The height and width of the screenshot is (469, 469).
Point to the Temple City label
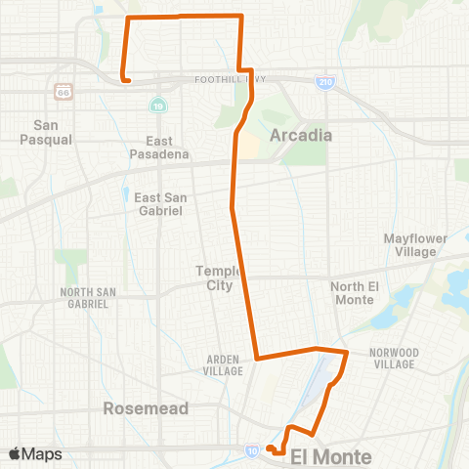214,277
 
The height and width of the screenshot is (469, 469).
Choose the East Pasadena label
158,148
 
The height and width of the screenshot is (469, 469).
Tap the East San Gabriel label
158,203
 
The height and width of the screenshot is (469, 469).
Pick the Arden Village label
223,365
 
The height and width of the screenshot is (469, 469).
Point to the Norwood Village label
395,358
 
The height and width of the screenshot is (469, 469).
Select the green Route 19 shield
157,105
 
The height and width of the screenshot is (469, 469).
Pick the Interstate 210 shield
326,82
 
